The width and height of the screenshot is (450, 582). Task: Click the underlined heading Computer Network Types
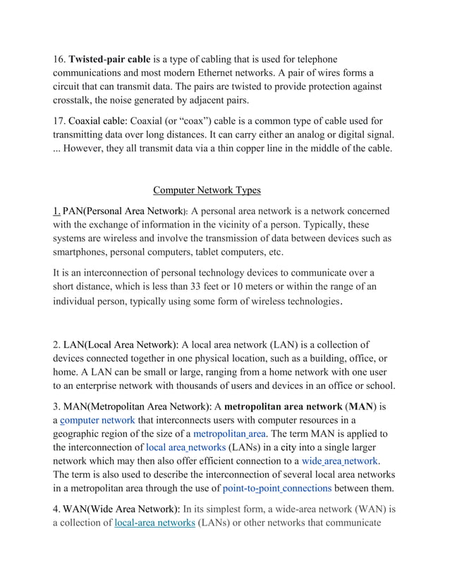(207, 190)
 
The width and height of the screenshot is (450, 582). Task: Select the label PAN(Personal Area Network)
(123, 211)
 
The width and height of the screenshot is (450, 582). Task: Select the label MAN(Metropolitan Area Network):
(138, 407)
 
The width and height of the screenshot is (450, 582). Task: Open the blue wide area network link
(339, 462)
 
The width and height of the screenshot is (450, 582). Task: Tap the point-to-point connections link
(277, 489)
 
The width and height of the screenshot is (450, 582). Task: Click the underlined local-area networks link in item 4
(154, 524)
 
